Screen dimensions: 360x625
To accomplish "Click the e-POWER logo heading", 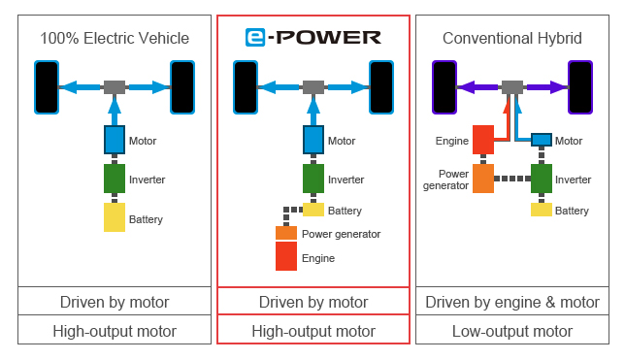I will pyautogui.click(x=312, y=39).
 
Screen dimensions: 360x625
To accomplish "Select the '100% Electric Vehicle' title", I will pyautogui.click(x=115, y=39).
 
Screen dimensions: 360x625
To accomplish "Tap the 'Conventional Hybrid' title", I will pyautogui.click(x=511, y=39).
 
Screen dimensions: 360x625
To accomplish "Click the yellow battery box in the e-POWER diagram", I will pyautogui.click(x=313, y=210).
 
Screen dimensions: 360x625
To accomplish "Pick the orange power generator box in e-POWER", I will pyautogui.click(x=286, y=234).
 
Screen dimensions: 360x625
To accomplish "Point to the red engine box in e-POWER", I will pyautogui.click(x=286, y=256).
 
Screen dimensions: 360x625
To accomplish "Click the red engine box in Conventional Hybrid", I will pyautogui.click(x=483, y=140).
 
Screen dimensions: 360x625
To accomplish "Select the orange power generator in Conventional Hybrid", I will pyautogui.click(x=483, y=179).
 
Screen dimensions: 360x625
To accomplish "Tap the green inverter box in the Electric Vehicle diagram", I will pyautogui.click(x=115, y=179).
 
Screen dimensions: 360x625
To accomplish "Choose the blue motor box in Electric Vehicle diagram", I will pyautogui.click(x=115, y=140).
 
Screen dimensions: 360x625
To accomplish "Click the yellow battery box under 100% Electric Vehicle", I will pyautogui.click(x=115, y=216).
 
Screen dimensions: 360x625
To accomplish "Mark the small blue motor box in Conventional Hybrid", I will pyautogui.click(x=541, y=140).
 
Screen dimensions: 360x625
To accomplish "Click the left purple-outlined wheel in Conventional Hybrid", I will pyautogui.click(x=444, y=87).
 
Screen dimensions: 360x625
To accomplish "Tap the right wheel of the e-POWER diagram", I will pyautogui.click(x=380, y=87).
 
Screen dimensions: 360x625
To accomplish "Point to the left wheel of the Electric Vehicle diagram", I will pyautogui.click(x=47, y=87).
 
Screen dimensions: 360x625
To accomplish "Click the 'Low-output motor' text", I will pyautogui.click(x=511, y=331).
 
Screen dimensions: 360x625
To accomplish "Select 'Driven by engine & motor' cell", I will pyautogui.click(x=511, y=302).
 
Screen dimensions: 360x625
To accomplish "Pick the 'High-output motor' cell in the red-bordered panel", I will pyautogui.click(x=312, y=331).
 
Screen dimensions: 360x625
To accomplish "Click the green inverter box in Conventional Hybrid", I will pyautogui.click(x=541, y=179).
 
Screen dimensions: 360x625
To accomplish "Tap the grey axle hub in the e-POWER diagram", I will pyautogui.click(x=312, y=87).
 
